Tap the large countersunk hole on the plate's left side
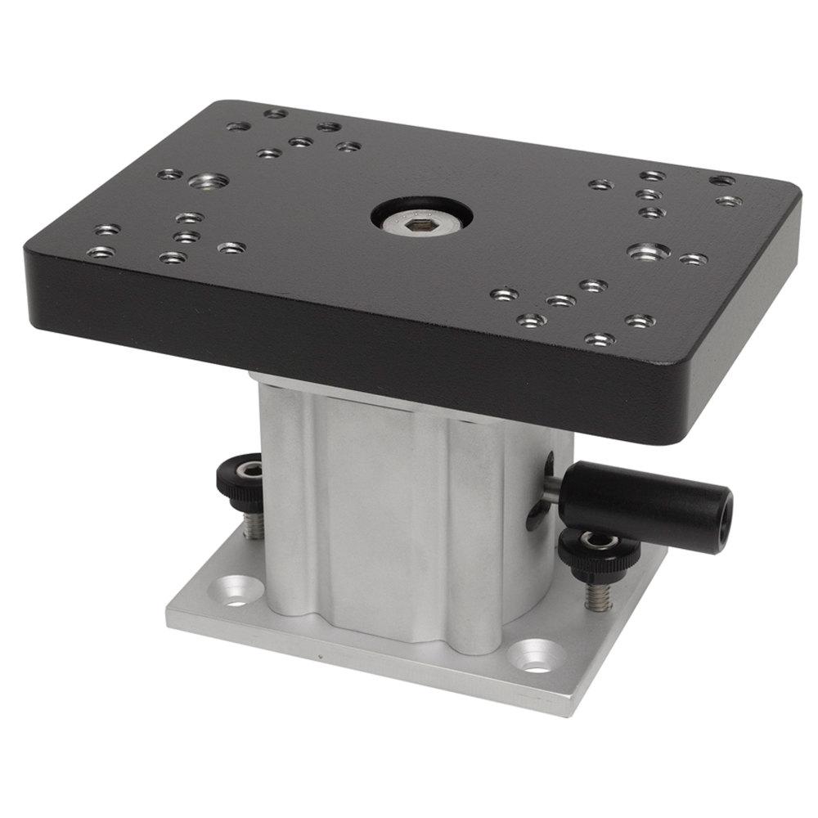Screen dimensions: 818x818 point(202,180)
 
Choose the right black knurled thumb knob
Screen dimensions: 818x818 point(599,547)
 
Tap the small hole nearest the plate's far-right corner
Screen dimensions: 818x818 point(721,180)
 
